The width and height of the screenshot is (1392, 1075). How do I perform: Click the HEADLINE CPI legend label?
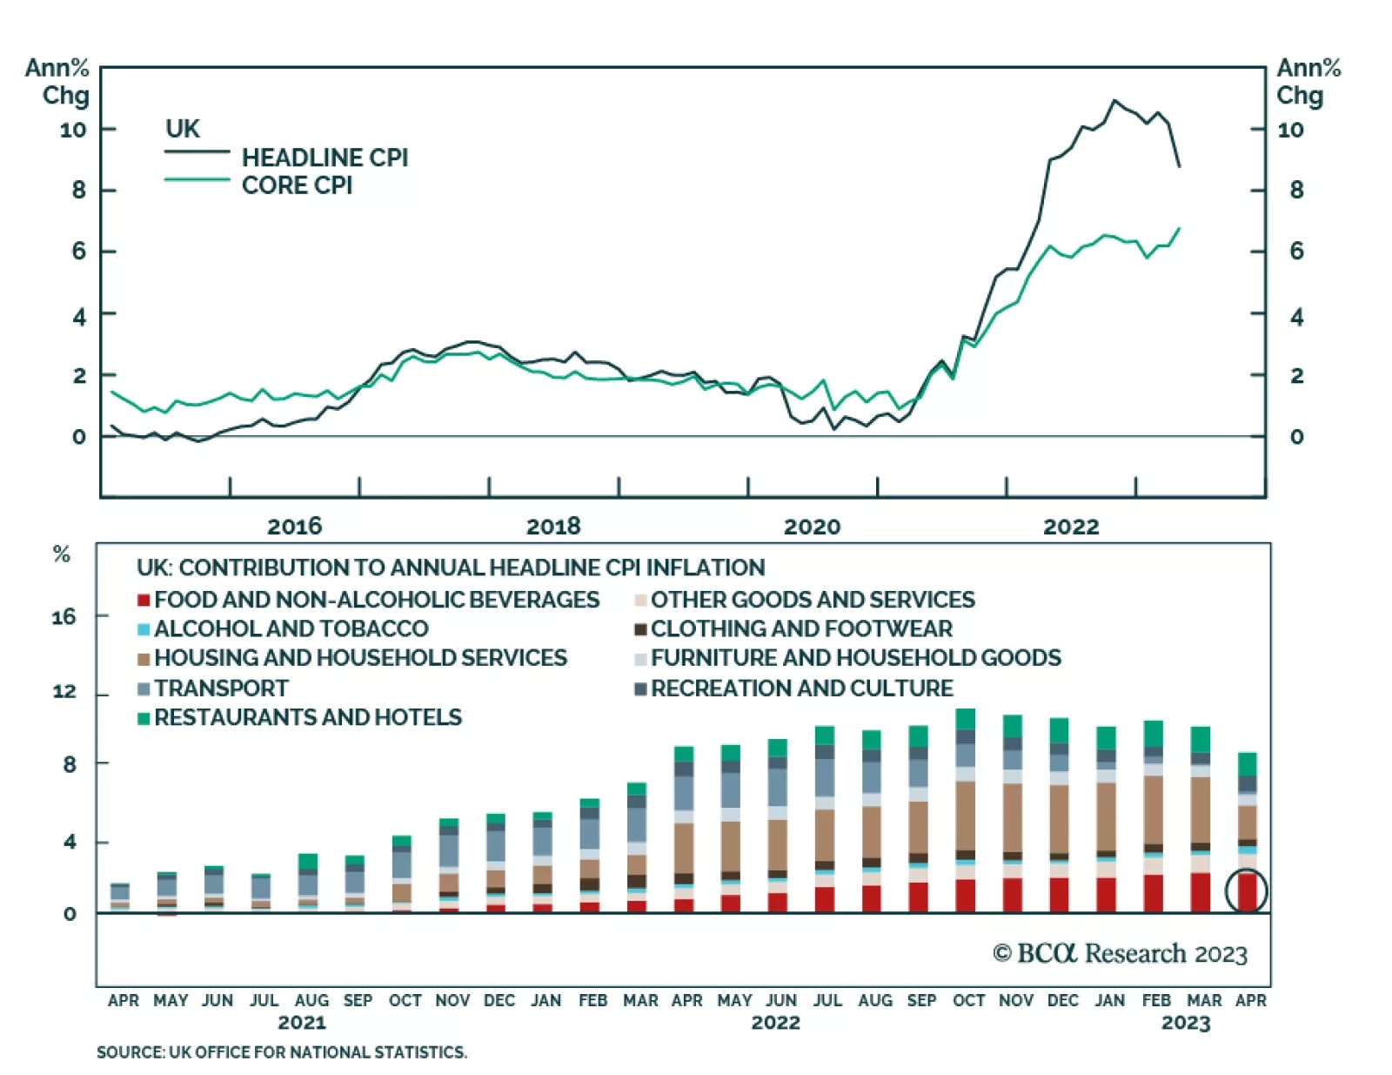pyautogui.click(x=324, y=158)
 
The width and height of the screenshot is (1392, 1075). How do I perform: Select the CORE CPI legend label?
pyautogui.click(x=297, y=185)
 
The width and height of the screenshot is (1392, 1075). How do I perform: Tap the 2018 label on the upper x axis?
pyautogui.click(x=553, y=526)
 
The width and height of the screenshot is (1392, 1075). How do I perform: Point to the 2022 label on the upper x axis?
pyautogui.click(x=1071, y=526)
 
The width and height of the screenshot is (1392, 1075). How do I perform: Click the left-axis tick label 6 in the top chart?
pyautogui.click(x=79, y=252)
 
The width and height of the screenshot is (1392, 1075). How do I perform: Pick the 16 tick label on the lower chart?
pyautogui.click(x=64, y=617)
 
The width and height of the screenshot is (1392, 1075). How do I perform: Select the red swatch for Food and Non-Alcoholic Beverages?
pyautogui.click(x=144, y=601)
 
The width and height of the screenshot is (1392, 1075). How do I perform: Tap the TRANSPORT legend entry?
pyautogui.click(x=221, y=689)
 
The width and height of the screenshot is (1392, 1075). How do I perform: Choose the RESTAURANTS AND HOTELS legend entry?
pyautogui.click(x=307, y=717)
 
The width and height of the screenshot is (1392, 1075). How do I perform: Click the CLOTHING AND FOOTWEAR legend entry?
pyautogui.click(x=801, y=628)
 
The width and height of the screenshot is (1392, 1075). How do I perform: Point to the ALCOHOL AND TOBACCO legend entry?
pyautogui.click(x=291, y=628)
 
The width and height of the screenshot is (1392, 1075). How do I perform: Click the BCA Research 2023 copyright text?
pyautogui.click(x=1120, y=954)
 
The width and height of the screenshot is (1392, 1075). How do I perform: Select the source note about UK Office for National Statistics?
pyautogui.click(x=281, y=1052)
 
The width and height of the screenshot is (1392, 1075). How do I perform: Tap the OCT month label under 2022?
pyautogui.click(x=968, y=1000)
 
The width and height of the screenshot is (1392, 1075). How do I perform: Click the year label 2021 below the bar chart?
pyautogui.click(x=302, y=1022)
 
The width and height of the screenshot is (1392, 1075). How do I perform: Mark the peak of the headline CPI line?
pyautogui.click(x=1114, y=101)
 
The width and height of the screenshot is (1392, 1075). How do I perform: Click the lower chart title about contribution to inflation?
pyautogui.click(x=451, y=568)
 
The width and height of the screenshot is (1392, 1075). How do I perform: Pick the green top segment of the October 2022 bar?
pyautogui.click(x=965, y=719)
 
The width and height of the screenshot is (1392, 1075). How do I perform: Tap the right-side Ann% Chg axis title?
pyautogui.click(x=1308, y=82)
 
